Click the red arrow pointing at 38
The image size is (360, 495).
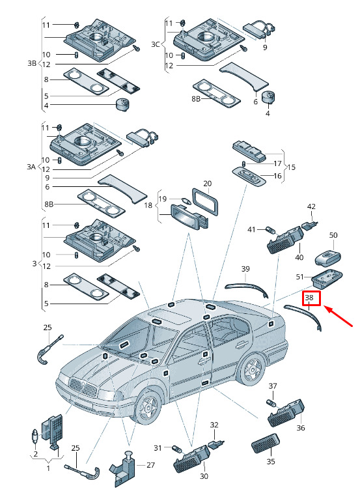coord(339,317)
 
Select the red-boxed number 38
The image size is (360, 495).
coord(309,298)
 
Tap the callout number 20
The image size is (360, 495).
coord(207,184)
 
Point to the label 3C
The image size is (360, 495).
coord(155,44)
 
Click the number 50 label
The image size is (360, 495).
coord(333,235)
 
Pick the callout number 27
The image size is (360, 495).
coord(151,465)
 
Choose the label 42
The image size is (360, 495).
coord(311,206)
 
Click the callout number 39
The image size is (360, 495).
coord(245,269)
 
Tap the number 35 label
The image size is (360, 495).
coord(271,462)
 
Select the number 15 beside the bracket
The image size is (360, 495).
coord(291,167)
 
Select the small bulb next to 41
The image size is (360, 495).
coord(271,229)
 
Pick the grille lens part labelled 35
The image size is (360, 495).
coord(266,444)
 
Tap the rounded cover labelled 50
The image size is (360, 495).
coord(329,258)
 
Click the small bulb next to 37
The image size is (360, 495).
coord(271,403)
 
